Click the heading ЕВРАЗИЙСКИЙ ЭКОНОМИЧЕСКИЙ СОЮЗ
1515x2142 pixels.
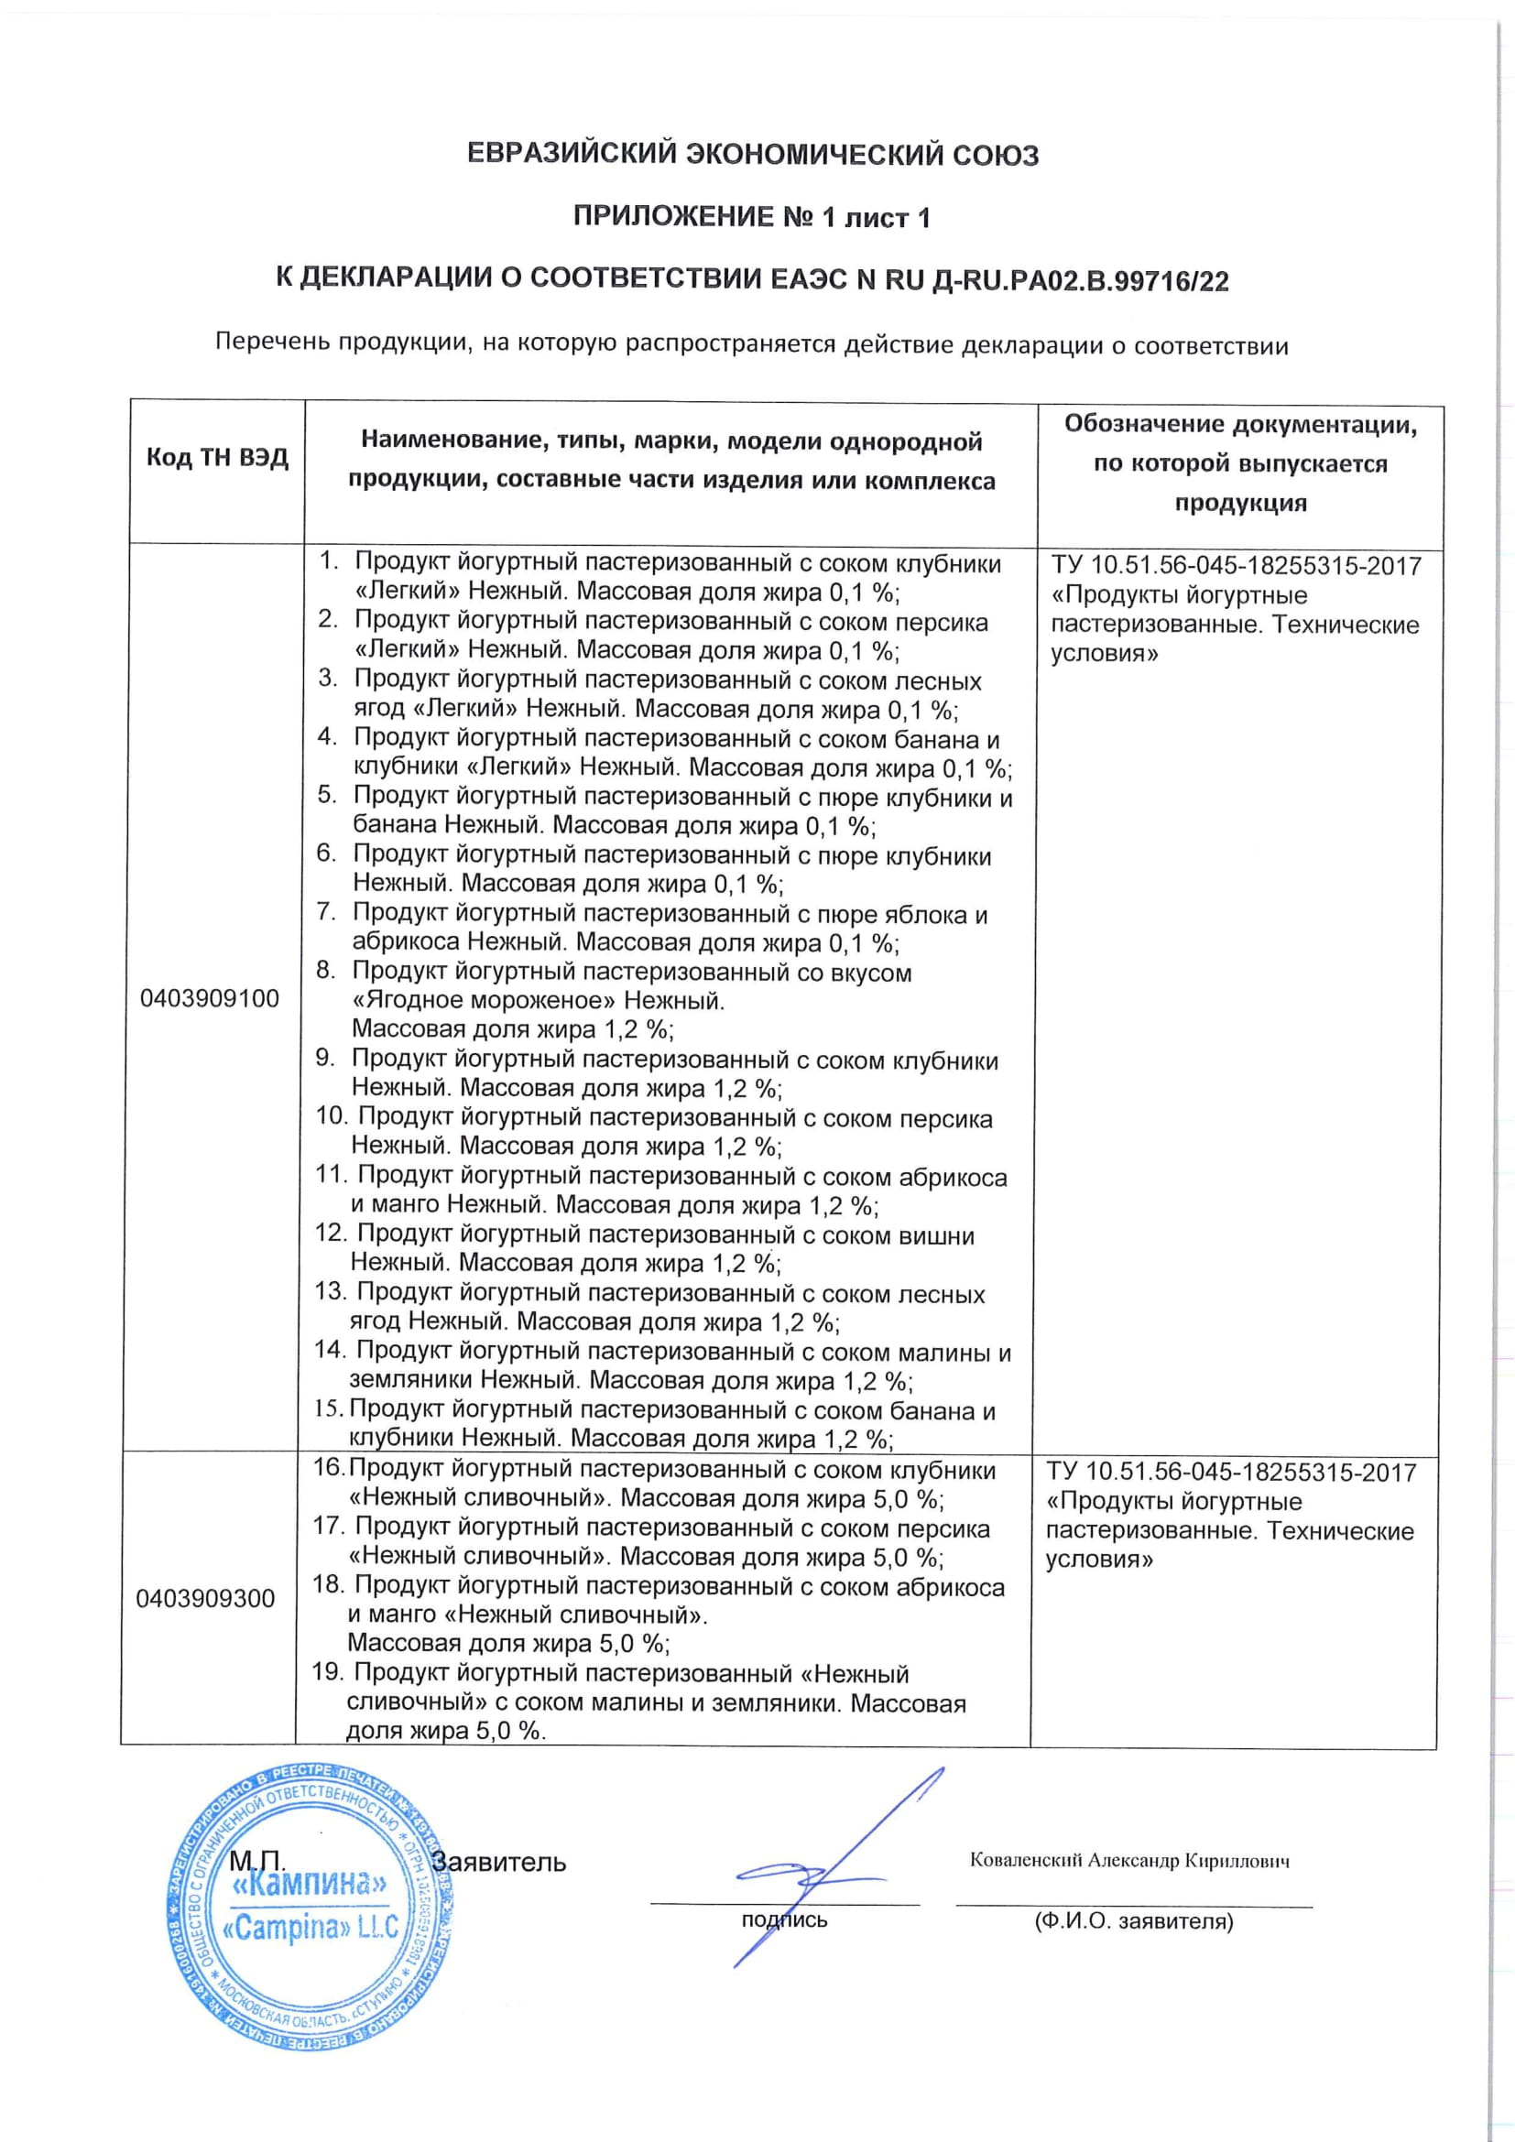click(x=752, y=155)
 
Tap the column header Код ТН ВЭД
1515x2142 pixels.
click(x=216, y=459)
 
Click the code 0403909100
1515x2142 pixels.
click(x=209, y=999)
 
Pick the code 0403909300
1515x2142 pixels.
click(x=205, y=1599)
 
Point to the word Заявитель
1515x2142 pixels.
click(x=498, y=1863)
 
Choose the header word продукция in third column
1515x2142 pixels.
click(x=1240, y=503)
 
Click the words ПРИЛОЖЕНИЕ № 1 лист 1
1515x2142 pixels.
click(x=751, y=217)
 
